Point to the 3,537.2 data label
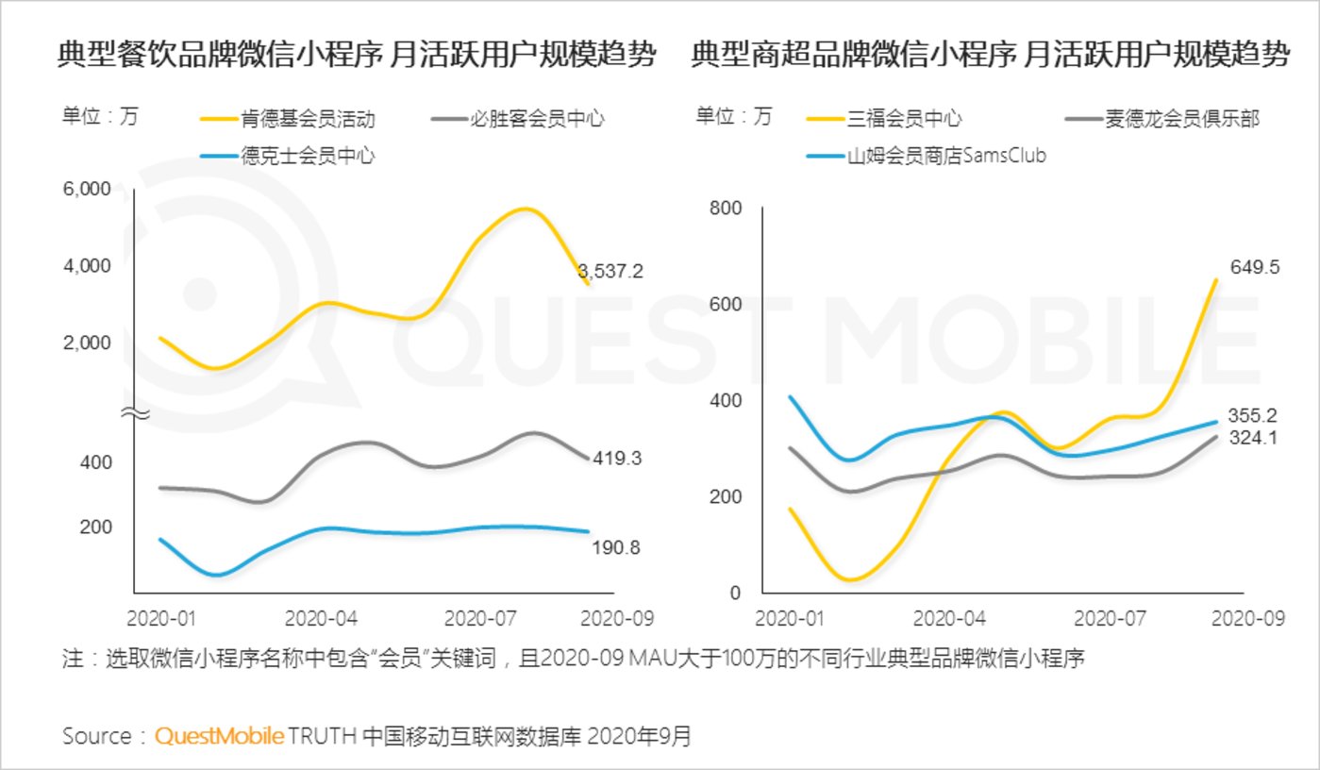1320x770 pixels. click(610, 272)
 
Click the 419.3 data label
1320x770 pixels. click(618, 459)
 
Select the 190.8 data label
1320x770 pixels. click(617, 547)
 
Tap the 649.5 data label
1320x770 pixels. click(1254, 267)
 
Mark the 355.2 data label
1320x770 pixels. click(1254, 415)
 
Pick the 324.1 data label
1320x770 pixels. click(1254, 438)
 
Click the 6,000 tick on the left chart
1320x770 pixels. click(87, 190)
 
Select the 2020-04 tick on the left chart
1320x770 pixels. click(321, 619)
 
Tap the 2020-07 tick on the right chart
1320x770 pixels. click(1111, 619)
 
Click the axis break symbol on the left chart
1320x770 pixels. click(134, 413)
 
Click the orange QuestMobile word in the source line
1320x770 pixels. click(219, 736)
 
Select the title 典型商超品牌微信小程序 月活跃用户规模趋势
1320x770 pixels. click(990, 55)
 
